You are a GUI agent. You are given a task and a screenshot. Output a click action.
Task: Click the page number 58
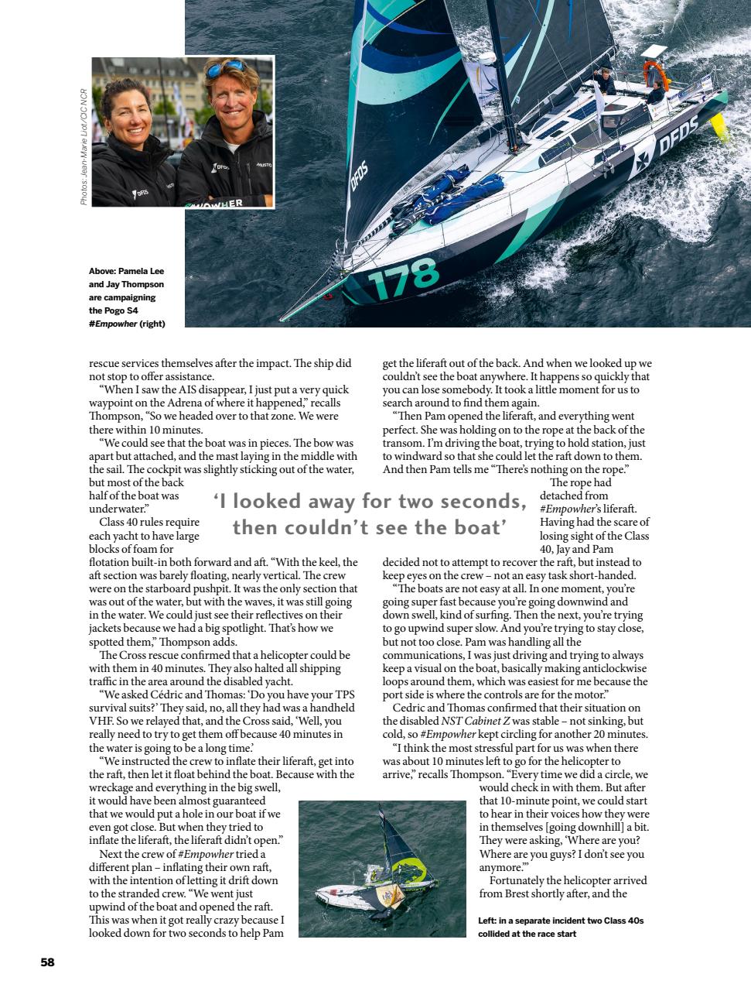[x=47, y=962]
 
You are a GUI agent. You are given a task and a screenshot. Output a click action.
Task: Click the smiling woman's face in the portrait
[x=132, y=125]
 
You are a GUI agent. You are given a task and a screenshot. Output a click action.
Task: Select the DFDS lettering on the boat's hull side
[x=678, y=133]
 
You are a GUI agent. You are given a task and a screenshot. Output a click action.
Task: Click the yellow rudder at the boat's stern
[x=721, y=129]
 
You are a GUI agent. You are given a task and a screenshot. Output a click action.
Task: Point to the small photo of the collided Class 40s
[x=382, y=869]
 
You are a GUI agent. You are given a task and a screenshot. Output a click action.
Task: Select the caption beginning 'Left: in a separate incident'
[x=561, y=927]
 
